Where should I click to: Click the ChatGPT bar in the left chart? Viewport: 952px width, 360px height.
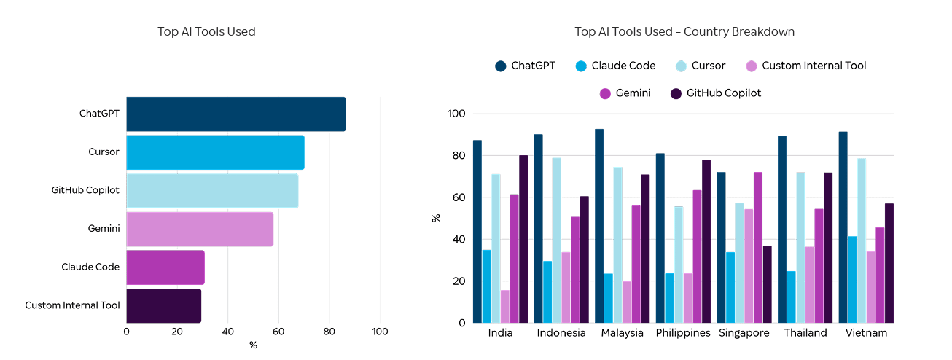pos(235,114)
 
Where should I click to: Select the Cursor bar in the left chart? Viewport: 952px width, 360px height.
pos(215,152)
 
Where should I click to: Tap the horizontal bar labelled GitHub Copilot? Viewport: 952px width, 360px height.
pos(211,190)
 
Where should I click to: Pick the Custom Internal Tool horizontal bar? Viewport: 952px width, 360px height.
pos(163,305)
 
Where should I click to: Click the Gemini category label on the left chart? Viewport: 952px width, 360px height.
pos(104,229)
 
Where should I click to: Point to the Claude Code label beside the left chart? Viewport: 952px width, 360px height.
pos(90,267)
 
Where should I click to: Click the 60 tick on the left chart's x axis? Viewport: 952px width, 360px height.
pos(278,332)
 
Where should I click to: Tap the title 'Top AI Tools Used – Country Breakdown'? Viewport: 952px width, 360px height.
pos(684,31)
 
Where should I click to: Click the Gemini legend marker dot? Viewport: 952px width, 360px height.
pos(604,93)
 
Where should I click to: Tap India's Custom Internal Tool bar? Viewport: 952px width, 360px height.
pos(505,306)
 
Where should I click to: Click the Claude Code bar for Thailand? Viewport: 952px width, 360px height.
pos(791,297)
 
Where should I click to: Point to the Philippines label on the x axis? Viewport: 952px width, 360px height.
pos(683,333)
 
